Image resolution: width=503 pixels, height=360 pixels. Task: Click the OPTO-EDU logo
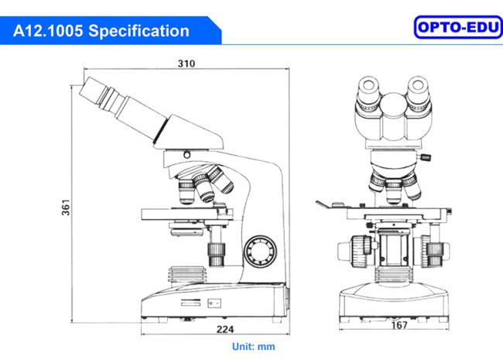458,27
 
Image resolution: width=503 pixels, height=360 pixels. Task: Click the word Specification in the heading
139,31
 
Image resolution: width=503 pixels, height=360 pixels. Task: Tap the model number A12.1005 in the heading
48,31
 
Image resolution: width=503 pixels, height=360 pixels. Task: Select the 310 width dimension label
186,63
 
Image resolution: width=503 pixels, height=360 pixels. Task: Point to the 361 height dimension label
66,207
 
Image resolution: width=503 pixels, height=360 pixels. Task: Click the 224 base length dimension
225,329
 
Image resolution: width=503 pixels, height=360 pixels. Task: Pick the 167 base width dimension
399,325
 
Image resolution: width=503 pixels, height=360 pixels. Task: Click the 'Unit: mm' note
253,347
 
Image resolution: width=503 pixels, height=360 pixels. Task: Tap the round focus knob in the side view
260,252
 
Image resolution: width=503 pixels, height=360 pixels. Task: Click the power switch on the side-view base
214,303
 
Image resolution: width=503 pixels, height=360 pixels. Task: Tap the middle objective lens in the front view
394,191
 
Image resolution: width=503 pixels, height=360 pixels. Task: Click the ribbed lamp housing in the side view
186,274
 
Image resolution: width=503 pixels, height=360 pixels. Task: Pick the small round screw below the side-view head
186,155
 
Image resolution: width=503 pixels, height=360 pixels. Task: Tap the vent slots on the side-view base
191,303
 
